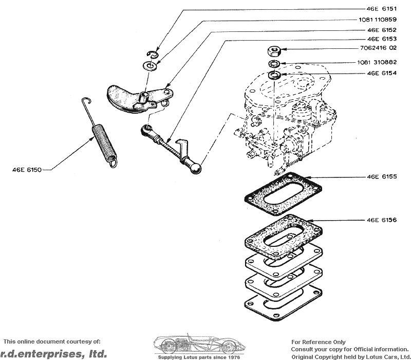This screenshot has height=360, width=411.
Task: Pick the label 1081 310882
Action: (377, 62)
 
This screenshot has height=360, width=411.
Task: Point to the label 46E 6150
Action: (27, 169)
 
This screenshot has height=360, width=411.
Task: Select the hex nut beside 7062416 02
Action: (273, 51)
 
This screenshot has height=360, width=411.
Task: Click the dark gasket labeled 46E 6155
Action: (283, 194)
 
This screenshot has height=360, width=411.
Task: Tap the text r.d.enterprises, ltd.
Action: (54, 353)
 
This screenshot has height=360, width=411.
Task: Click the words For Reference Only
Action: (319, 342)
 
